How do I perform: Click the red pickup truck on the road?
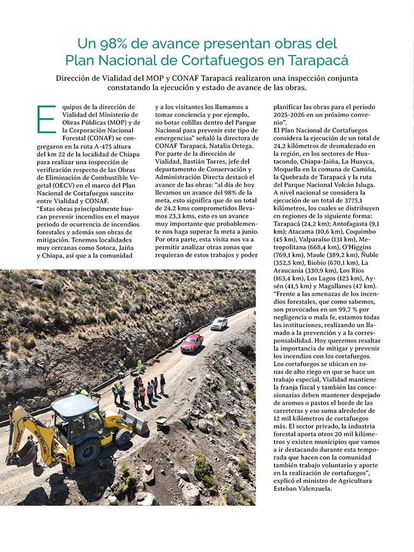(x=191, y=342)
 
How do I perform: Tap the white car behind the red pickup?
(x=219, y=323)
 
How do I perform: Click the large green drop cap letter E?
(x=46, y=119)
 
